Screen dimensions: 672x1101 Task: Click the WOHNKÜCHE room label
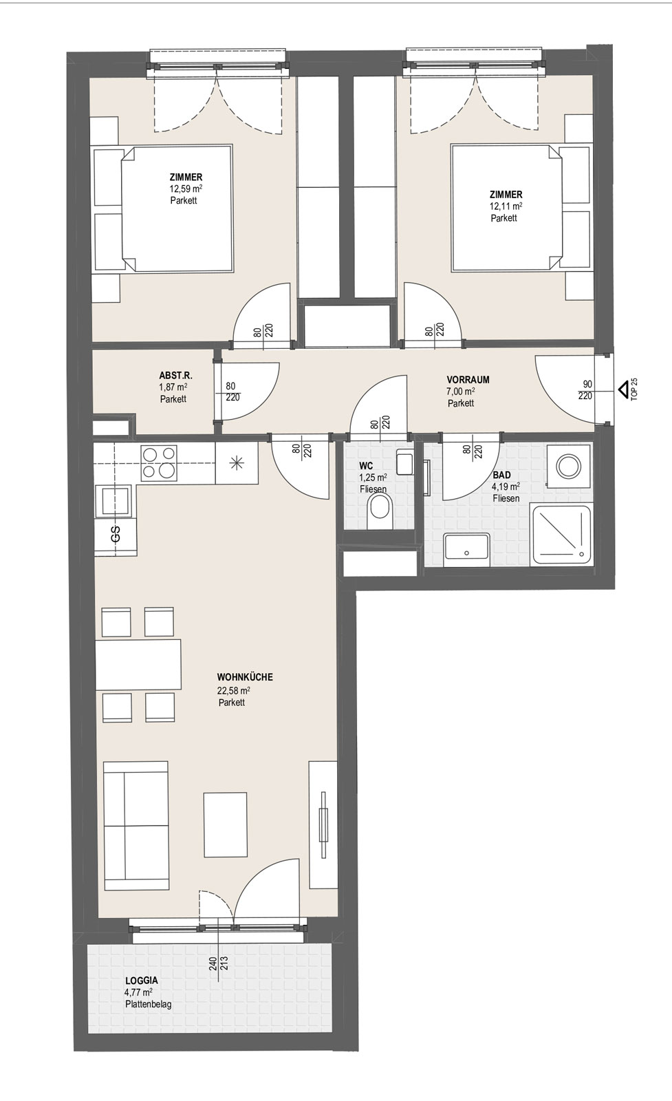click(245, 677)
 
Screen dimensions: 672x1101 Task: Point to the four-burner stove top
click(159, 463)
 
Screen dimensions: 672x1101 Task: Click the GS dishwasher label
click(116, 534)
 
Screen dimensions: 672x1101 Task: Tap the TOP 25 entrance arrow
click(623, 389)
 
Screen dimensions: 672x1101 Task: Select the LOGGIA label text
click(142, 980)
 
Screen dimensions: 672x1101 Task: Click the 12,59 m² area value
click(186, 189)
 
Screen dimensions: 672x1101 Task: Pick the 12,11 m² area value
click(506, 206)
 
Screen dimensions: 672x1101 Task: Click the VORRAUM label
click(468, 379)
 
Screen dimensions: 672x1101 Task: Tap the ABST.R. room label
click(175, 376)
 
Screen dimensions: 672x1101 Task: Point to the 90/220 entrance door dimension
click(585, 389)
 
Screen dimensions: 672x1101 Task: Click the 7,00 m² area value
click(461, 392)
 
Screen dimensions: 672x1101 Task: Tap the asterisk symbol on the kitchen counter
click(237, 464)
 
